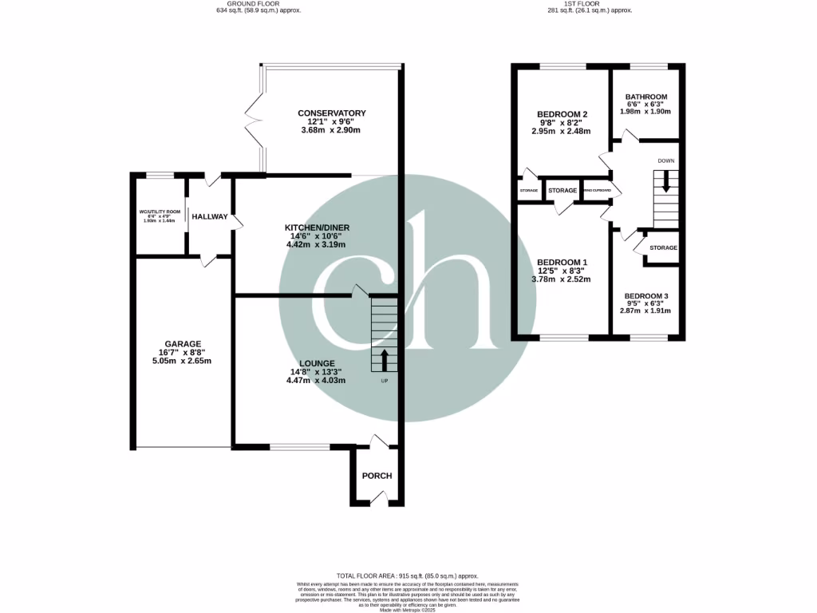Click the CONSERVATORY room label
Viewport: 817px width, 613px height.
(331, 113)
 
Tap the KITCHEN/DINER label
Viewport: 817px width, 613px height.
(318, 227)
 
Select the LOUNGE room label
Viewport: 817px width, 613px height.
(318, 363)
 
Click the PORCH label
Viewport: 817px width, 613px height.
(377, 476)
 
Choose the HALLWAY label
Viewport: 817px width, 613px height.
(209, 217)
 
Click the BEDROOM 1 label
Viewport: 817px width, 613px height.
(562, 263)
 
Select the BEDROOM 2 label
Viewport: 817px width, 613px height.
(562, 114)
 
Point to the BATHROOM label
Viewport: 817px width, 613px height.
(645, 97)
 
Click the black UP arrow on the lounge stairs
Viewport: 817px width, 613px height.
(384, 360)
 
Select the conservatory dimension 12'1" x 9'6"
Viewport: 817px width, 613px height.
(331, 122)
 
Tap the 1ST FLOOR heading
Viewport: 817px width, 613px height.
(589, 3)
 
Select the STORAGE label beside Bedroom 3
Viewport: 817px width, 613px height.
(662, 248)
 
